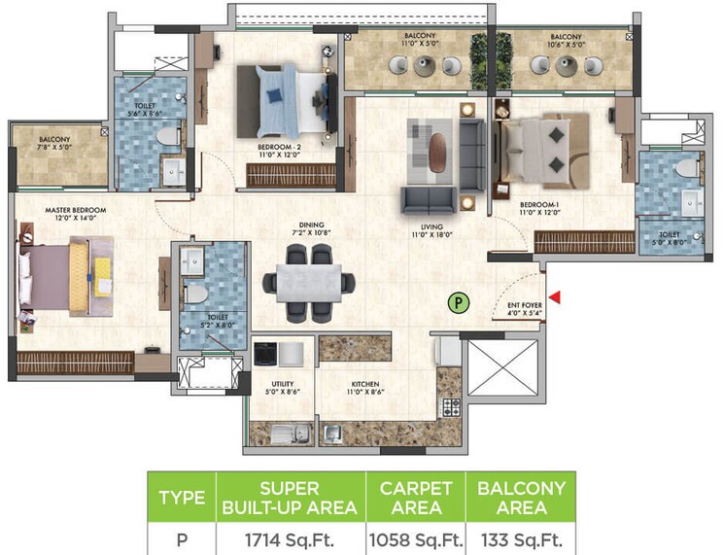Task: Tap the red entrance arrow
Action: point(555,297)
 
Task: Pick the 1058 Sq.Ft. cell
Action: point(415,538)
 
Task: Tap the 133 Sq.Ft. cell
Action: point(520,538)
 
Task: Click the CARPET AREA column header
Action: point(415,497)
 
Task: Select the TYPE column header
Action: point(181,497)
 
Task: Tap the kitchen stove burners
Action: point(449,405)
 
